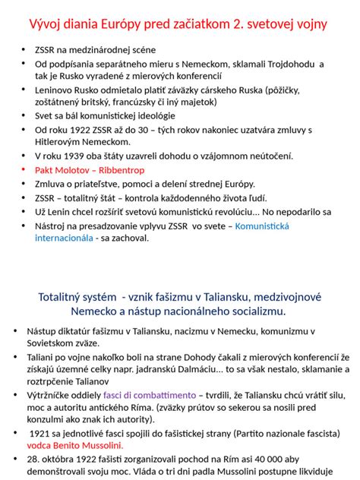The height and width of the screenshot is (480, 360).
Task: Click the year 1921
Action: [42, 433]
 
